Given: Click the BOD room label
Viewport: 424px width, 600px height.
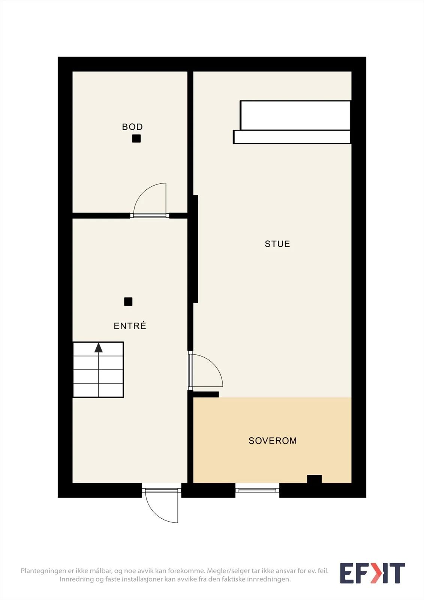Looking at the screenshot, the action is [132, 127].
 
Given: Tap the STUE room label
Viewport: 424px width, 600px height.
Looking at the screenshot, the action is [277, 244].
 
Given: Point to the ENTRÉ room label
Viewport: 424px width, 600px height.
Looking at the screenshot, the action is [130, 326].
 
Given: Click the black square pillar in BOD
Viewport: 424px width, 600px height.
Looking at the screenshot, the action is [136, 138].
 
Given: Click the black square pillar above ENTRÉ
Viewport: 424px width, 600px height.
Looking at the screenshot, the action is [128, 301].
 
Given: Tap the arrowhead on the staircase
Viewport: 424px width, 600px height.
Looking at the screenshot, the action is [99, 347].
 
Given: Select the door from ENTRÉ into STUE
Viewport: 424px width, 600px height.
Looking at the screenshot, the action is [205, 371].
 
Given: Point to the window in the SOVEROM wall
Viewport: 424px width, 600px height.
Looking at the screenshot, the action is [257, 490].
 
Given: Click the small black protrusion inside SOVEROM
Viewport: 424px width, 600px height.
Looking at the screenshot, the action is [314, 478].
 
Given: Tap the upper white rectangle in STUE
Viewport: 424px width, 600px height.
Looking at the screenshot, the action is [295, 115].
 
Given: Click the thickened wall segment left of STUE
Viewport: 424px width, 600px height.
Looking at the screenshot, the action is [195, 249].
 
